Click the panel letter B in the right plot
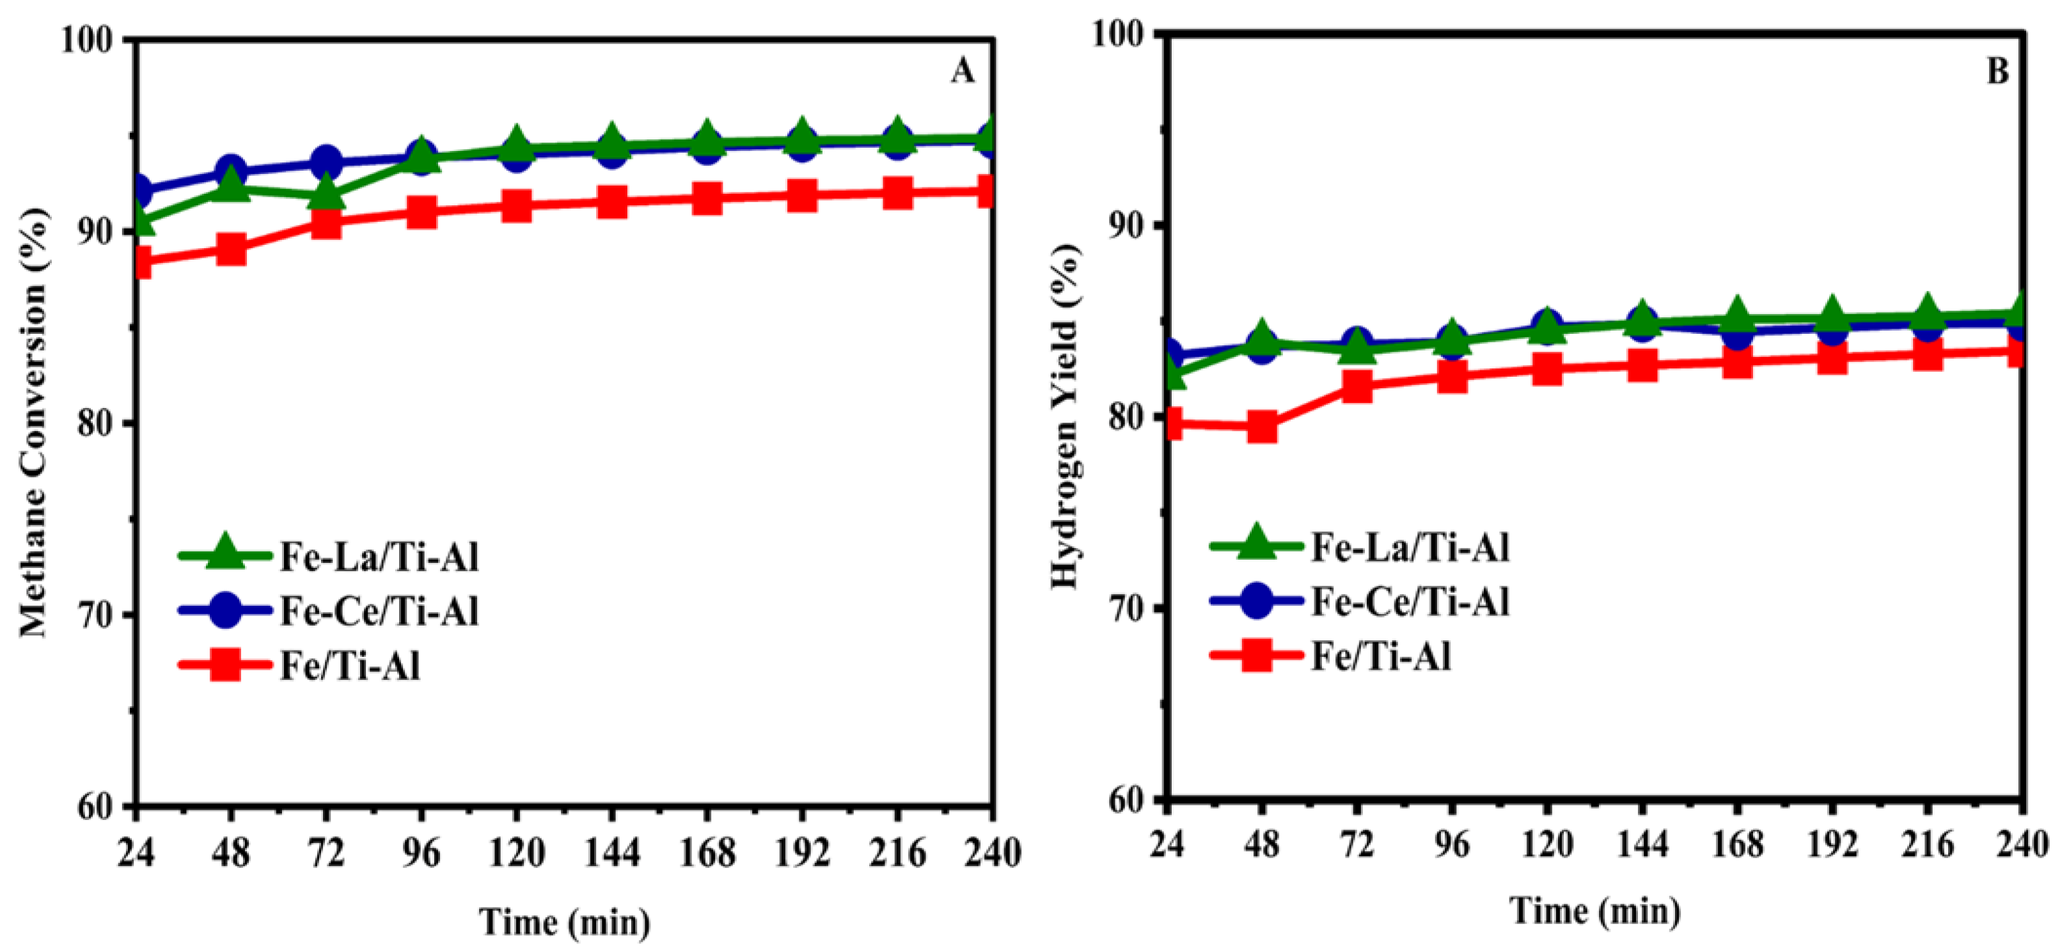[x=1997, y=72]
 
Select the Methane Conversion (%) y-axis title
[x=34, y=422]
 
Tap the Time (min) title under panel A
[x=565, y=921]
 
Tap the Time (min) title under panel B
[x=1595, y=910]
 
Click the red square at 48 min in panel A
[x=230, y=249]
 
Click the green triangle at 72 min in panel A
[x=326, y=194]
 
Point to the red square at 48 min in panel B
[x=1262, y=427]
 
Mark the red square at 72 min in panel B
[x=1357, y=386]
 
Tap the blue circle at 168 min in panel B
[x=1736, y=333]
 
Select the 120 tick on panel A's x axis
[x=516, y=852]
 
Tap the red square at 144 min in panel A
[x=611, y=202]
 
